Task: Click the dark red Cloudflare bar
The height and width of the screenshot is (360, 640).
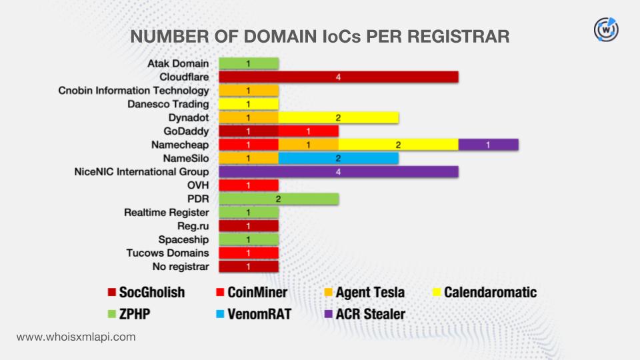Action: pyautogui.click(x=339, y=77)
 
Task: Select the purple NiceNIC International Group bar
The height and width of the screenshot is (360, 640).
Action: pyautogui.click(x=339, y=172)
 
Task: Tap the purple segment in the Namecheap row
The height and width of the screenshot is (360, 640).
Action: pyautogui.click(x=488, y=145)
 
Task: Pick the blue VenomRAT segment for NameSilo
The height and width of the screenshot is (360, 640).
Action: pyautogui.click(x=339, y=158)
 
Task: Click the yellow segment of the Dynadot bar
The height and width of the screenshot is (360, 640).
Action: pyautogui.click(x=339, y=117)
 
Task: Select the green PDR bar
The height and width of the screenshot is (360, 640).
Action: pyautogui.click(x=279, y=199)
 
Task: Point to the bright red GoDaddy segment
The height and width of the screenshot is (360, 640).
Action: pyautogui.click(x=309, y=131)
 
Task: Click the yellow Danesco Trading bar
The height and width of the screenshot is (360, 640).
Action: pyautogui.click(x=249, y=104)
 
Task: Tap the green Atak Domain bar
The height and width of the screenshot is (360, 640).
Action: pyautogui.click(x=249, y=64)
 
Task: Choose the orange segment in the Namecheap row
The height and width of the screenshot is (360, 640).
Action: pyautogui.click(x=309, y=145)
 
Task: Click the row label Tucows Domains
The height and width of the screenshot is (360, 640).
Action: pyautogui.click(x=167, y=253)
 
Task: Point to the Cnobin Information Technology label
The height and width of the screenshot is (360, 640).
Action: pyautogui.click(x=133, y=91)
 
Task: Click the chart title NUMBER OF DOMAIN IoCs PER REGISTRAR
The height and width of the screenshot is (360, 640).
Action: pyautogui.click(x=319, y=36)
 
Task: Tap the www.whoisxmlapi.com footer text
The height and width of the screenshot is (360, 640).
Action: pyautogui.click(x=76, y=337)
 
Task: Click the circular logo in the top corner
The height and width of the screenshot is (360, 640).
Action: pyautogui.click(x=606, y=29)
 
